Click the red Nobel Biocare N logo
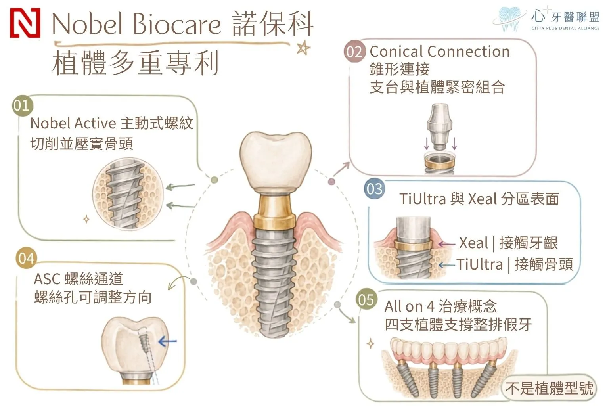pyautogui.click(x=25, y=23)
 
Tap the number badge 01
pyautogui.click(x=22, y=105)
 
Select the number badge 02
pyautogui.click(x=354, y=51)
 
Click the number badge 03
pyautogui.click(x=375, y=189)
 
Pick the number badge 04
pyautogui.click(x=27, y=258)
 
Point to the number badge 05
pyautogui.click(x=366, y=300)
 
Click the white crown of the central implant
pyautogui.click(x=276, y=163)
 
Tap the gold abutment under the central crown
pyautogui.click(x=274, y=213)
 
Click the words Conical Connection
pyautogui.click(x=440, y=52)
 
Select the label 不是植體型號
pyautogui.click(x=549, y=388)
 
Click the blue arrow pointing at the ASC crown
pyautogui.click(x=167, y=341)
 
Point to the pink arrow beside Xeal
pyautogui.click(x=446, y=244)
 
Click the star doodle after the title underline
pyautogui.click(x=303, y=48)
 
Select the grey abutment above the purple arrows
pyautogui.click(x=439, y=127)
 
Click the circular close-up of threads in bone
pyautogui.click(x=128, y=194)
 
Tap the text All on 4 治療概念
pyautogui.click(x=440, y=306)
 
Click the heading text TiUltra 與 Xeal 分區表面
pyautogui.click(x=479, y=199)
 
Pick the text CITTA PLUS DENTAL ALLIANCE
pyautogui.click(x=565, y=28)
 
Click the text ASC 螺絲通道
pyautogui.click(x=78, y=279)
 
